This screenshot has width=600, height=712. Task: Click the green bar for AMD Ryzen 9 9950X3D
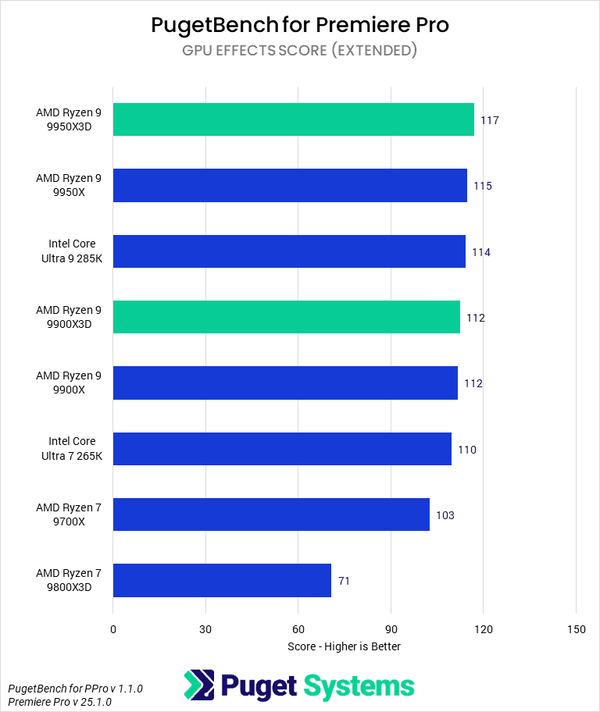[293, 119]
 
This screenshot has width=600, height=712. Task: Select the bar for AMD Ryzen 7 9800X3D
[222, 580]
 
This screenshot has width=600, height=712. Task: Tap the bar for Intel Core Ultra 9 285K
[289, 251]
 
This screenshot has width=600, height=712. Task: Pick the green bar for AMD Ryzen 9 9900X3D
[286, 317]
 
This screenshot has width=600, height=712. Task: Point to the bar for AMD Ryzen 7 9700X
[271, 514]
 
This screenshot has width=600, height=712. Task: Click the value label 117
[490, 120]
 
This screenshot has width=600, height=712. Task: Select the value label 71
[345, 581]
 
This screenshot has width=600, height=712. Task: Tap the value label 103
[445, 515]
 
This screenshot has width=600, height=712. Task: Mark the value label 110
[467, 450]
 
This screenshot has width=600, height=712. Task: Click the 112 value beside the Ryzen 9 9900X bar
[473, 383]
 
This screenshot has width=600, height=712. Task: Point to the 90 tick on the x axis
[391, 629]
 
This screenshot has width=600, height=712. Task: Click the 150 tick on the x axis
[576, 629]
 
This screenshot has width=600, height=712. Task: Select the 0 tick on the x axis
[113, 629]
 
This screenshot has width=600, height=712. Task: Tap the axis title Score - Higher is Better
[344, 646]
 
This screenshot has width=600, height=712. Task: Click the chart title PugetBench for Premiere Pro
[300, 25]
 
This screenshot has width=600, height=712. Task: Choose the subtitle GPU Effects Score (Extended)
[300, 51]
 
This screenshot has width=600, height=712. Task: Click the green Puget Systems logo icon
[198, 685]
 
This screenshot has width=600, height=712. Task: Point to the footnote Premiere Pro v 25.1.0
[59, 702]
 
